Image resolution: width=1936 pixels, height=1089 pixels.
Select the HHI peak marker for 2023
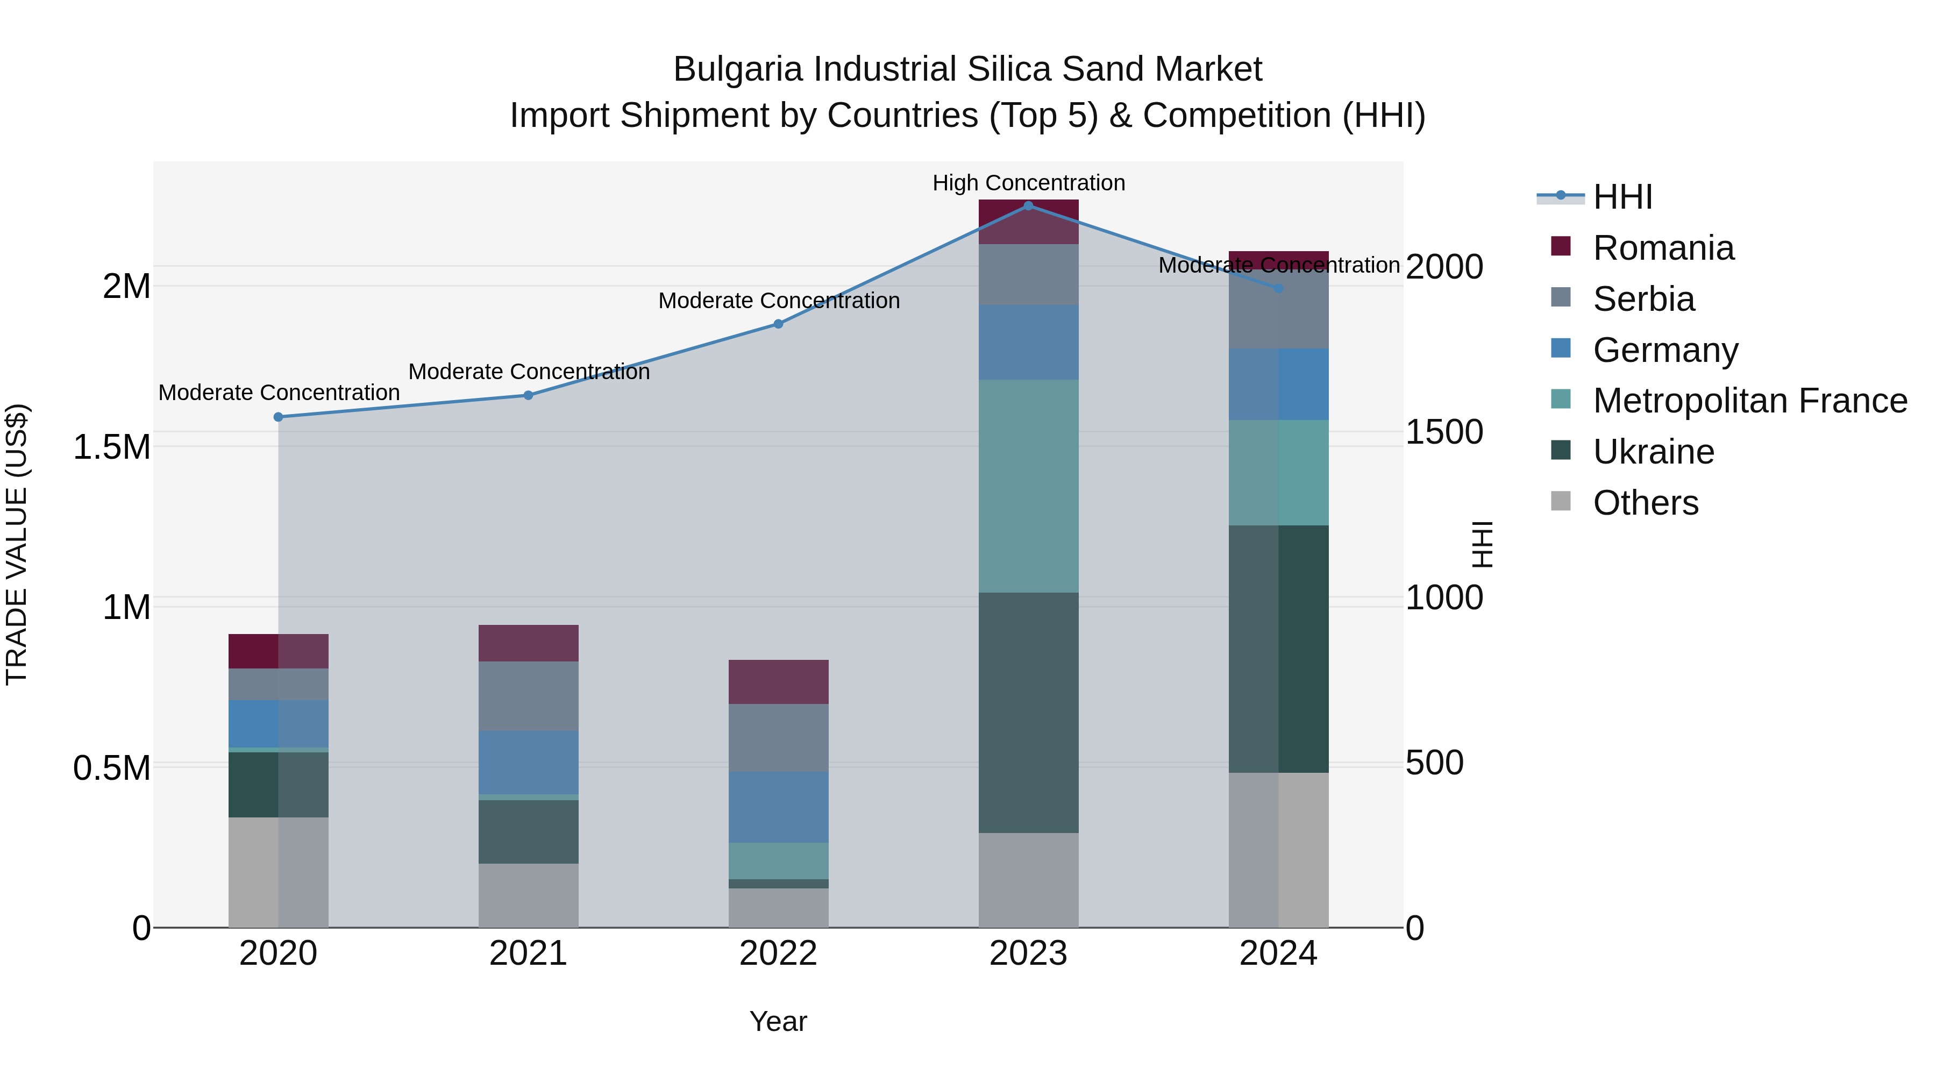pyautogui.click(x=1028, y=206)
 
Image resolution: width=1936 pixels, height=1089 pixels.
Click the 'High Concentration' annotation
pyautogui.click(x=1028, y=183)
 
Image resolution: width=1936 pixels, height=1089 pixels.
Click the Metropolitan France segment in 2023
pyautogui.click(x=1028, y=486)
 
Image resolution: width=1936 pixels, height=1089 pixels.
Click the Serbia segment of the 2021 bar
pyautogui.click(x=528, y=696)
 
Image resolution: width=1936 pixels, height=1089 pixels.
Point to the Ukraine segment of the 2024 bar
pyautogui.click(x=1278, y=649)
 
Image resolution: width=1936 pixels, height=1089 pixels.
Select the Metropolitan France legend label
pyautogui.click(x=1749, y=401)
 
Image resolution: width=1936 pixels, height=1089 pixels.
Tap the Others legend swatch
pyautogui.click(x=1561, y=501)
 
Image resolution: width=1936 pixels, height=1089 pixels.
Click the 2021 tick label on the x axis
pyautogui.click(x=528, y=953)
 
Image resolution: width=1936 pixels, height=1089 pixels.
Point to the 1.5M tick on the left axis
pyautogui.click(x=111, y=447)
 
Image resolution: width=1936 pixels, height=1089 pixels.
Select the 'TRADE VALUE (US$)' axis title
pyautogui.click(x=17, y=544)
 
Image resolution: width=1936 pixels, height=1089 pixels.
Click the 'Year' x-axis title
pyautogui.click(x=778, y=1021)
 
